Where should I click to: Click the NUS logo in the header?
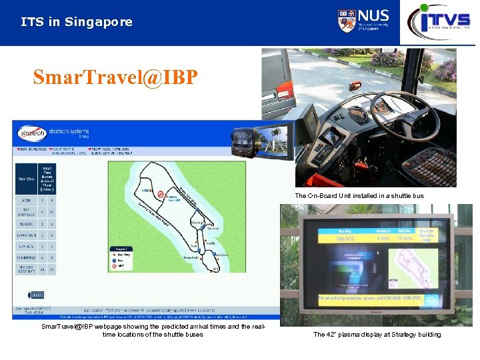coord(363,21)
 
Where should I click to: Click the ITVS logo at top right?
coord(439,21)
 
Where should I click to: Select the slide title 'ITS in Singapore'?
coord(77,22)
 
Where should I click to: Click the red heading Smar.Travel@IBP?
coord(115,77)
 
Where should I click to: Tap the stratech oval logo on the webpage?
coord(31,132)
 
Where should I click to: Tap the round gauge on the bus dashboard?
coord(358,115)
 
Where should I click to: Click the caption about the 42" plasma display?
coord(377,334)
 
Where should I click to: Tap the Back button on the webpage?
coord(37,295)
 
